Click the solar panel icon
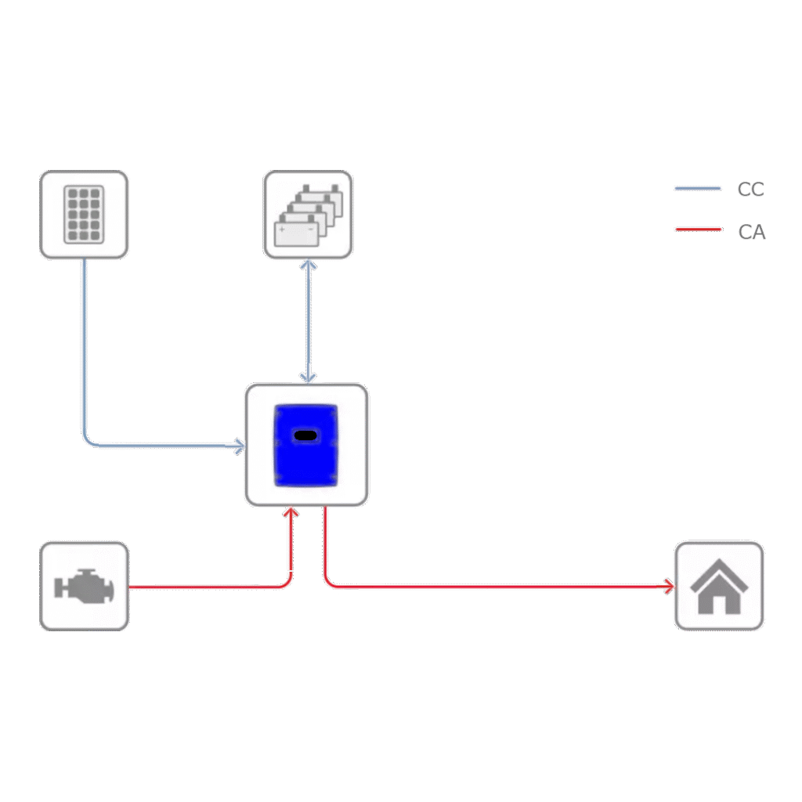click(x=84, y=214)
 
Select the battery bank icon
click(x=308, y=214)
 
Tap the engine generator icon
click(x=84, y=586)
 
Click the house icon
click(x=719, y=586)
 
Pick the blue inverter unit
click(x=306, y=445)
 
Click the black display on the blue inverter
click(x=305, y=435)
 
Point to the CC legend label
click(x=750, y=190)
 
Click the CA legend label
click(x=751, y=233)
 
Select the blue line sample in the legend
click(x=697, y=189)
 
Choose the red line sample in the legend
click(x=697, y=229)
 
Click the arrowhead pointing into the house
click(x=668, y=586)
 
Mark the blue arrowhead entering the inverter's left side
click(x=239, y=446)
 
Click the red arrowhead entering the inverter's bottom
click(x=291, y=513)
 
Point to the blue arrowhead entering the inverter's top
click(x=309, y=377)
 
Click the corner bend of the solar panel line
click(x=86, y=443)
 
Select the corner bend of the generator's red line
click(x=289, y=583)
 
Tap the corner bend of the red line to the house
click(x=327, y=583)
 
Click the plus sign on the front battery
click(x=283, y=229)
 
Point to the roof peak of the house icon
click(x=719, y=565)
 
